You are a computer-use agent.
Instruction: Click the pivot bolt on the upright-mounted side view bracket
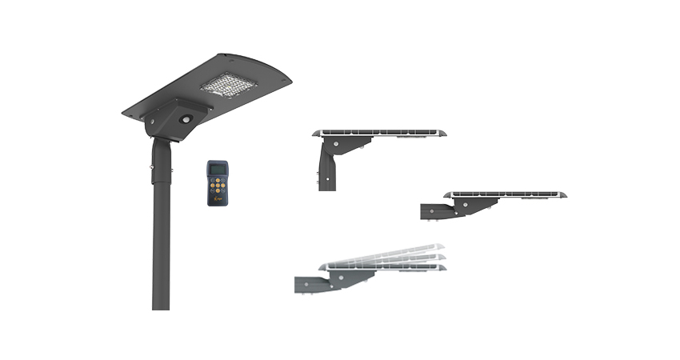tap(337, 144)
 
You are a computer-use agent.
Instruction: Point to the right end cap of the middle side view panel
tap(562, 194)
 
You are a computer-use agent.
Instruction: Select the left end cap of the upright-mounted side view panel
tap(317, 133)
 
